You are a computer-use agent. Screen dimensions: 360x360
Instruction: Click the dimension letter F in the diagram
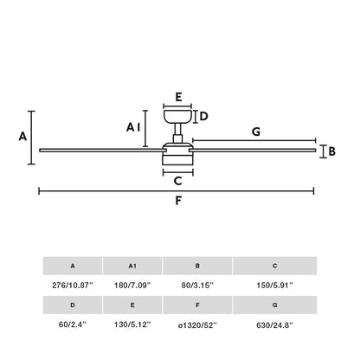coord(177,202)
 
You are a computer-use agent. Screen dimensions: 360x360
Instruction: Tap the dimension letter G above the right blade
coord(255,132)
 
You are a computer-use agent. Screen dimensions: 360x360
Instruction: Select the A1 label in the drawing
coord(132,127)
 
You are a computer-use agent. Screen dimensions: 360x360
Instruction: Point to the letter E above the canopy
coord(177,97)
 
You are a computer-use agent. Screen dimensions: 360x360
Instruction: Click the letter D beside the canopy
coord(204,116)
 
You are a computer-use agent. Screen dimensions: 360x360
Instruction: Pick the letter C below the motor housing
coord(177,181)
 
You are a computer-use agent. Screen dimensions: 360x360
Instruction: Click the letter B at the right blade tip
coord(331,151)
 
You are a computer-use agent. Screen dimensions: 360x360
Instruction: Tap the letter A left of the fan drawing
coord(23,136)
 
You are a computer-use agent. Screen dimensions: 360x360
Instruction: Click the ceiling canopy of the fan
coord(177,116)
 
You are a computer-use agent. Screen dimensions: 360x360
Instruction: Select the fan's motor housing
coord(177,155)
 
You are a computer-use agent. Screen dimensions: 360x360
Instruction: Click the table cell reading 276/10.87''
coord(72,285)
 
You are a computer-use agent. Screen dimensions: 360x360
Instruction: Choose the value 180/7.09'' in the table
coord(132,285)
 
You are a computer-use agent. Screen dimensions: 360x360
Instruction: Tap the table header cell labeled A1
coord(132,266)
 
